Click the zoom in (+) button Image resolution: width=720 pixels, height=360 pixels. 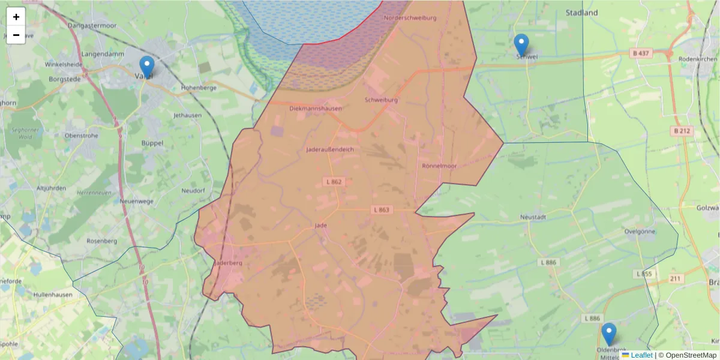[16, 17]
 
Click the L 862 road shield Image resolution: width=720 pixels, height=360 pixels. [334, 181]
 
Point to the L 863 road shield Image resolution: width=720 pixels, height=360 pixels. [382, 210]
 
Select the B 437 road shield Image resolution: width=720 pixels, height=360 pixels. [641, 53]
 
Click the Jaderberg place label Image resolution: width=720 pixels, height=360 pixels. [228, 263]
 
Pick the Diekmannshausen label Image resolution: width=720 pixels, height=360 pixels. [315, 109]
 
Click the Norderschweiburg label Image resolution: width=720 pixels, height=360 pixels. [410, 18]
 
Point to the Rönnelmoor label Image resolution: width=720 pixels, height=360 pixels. [439, 166]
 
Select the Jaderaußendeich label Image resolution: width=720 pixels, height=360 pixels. [329, 149]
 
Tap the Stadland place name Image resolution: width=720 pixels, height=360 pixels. [581, 13]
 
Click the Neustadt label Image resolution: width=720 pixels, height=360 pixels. [533, 217]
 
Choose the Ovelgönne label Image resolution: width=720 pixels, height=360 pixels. [640, 231]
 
